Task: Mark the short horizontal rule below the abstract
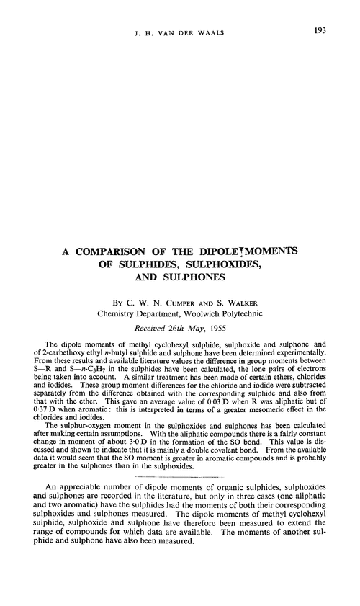[179, 477]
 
